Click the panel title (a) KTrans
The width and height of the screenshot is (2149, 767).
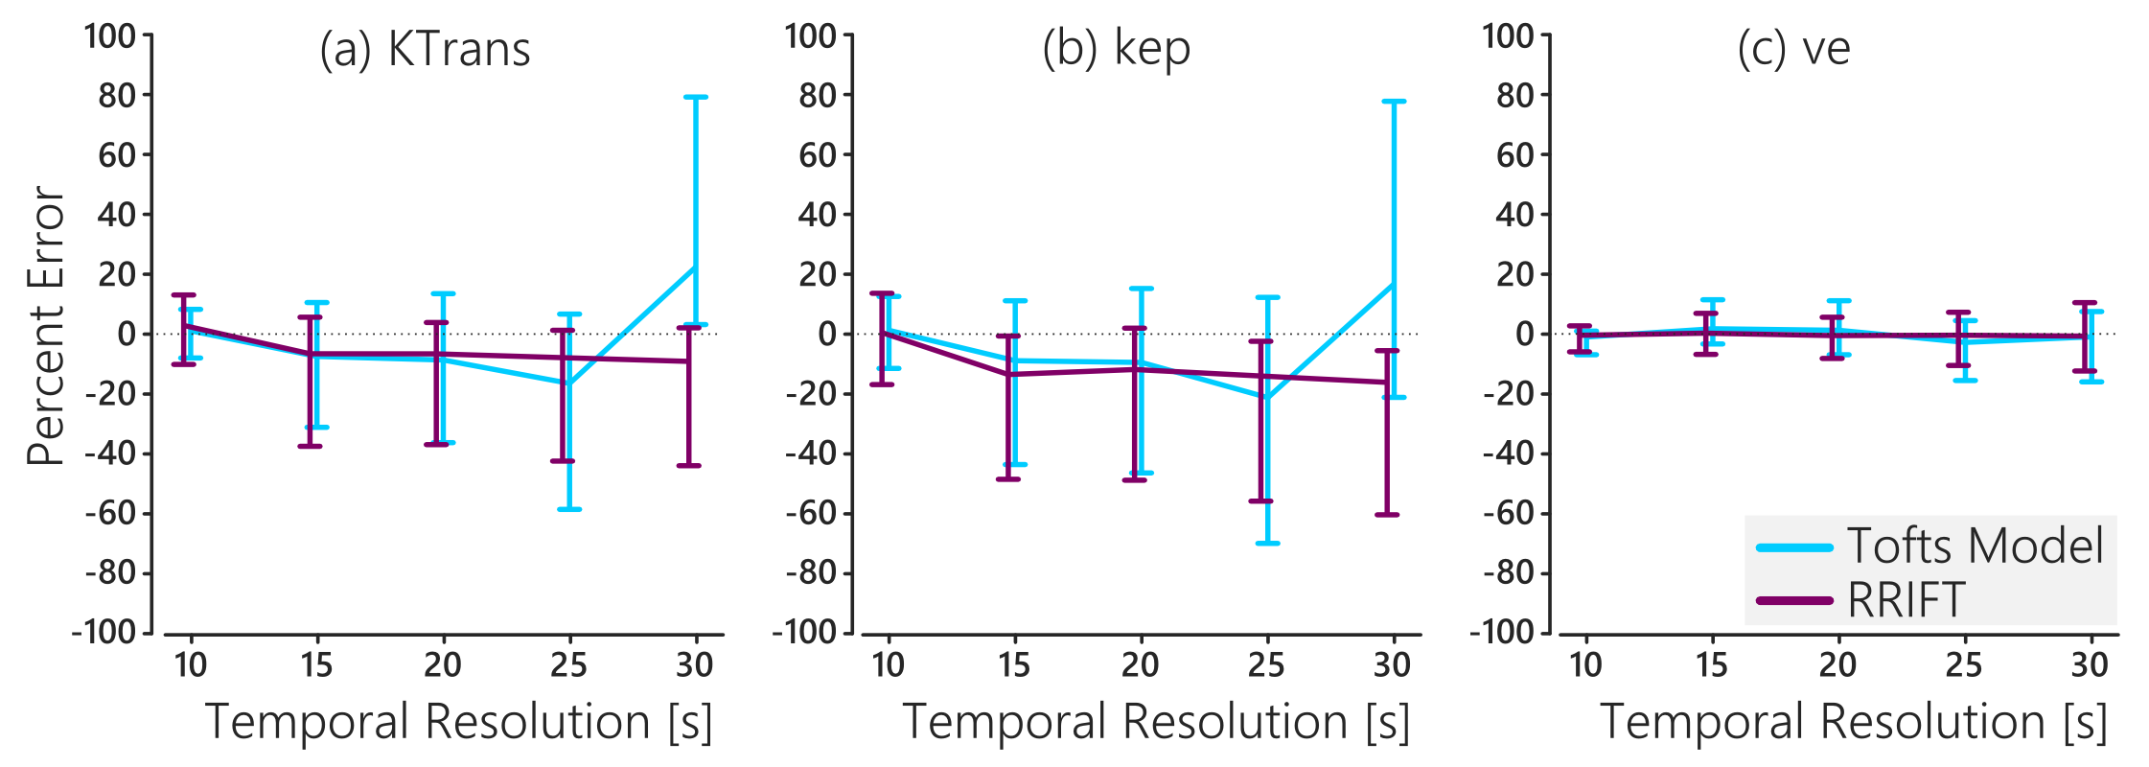pyautogui.click(x=425, y=50)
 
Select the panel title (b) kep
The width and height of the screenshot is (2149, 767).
pyautogui.click(x=1116, y=50)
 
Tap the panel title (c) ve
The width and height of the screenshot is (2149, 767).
pyautogui.click(x=1793, y=50)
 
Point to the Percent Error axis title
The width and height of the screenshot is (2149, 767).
pyautogui.click(x=45, y=326)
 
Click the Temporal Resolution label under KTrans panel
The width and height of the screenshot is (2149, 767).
pyautogui.click(x=459, y=722)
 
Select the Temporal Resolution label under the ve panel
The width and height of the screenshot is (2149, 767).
pyautogui.click(x=1854, y=722)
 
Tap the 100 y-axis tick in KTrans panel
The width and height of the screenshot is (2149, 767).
pyautogui.click(x=110, y=36)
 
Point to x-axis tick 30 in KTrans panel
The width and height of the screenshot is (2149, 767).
pyautogui.click(x=695, y=664)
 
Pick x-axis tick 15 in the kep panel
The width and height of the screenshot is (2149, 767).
pyautogui.click(x=1014, y=664)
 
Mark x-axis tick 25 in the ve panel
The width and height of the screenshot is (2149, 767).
pyautogui.click(x=1964, y=664)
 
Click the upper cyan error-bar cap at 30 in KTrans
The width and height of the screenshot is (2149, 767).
pyautogui.click(x=696, y=97)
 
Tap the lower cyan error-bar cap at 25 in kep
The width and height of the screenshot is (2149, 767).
pyautogui.click(x=1267, y=544)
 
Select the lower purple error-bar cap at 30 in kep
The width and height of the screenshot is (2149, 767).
pyautogui.click(x=1387, y=515)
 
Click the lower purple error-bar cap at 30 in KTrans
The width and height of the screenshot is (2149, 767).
pyautogui.click(x=689, y=466)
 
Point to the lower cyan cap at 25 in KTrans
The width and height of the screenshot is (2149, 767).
pyautogui.click(x=569, y=509)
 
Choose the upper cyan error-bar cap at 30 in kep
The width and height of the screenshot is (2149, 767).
pyautogui.click(x=1394, y=101)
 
